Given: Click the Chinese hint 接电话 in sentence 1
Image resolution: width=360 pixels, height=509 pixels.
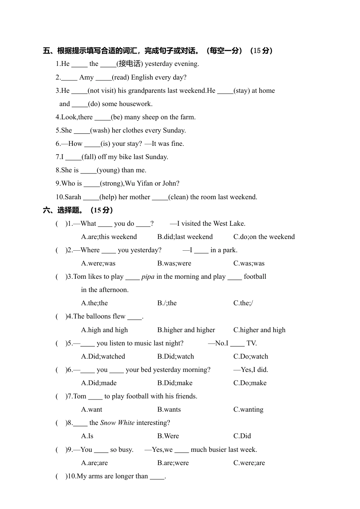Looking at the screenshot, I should [x=130, y=64].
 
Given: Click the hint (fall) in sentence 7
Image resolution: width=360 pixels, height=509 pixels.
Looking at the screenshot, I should [x=89, y=157].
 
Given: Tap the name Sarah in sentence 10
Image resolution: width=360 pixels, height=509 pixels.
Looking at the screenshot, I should [x=73, y=197].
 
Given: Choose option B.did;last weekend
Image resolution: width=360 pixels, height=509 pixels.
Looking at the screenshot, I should [x=185, y=237].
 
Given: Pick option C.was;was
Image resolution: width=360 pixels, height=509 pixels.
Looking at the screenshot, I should [x=249, y=263].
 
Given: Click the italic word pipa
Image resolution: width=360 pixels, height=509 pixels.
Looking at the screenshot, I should [x=148, y=276].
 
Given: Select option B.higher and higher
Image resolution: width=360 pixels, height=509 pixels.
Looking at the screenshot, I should [x=186, y=330].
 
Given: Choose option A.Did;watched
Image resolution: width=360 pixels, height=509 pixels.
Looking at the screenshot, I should [x=103, y=356].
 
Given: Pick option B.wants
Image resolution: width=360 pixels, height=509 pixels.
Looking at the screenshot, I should [x=169, y=409].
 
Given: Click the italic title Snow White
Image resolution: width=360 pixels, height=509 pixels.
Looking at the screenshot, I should [x=117, y=423].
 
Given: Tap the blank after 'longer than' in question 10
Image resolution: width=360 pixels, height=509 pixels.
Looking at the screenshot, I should [x=157, y=476].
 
